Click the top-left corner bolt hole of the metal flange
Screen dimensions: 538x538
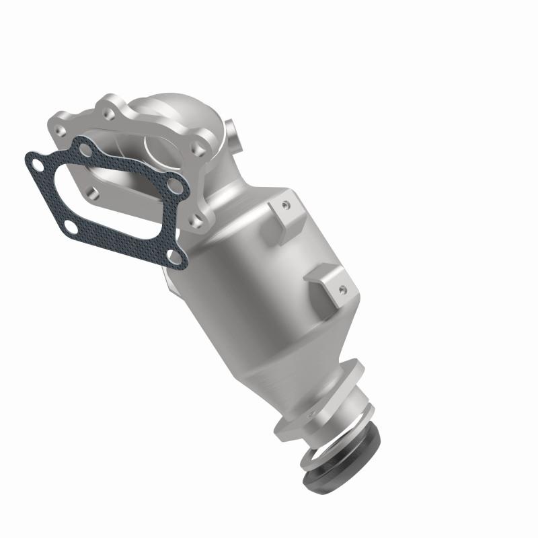click(70, 124)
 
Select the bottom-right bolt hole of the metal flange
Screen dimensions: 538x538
click(196, 219)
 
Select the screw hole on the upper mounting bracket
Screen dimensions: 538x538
click(286, 202)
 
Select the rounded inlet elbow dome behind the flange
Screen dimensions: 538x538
click(168, 114)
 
